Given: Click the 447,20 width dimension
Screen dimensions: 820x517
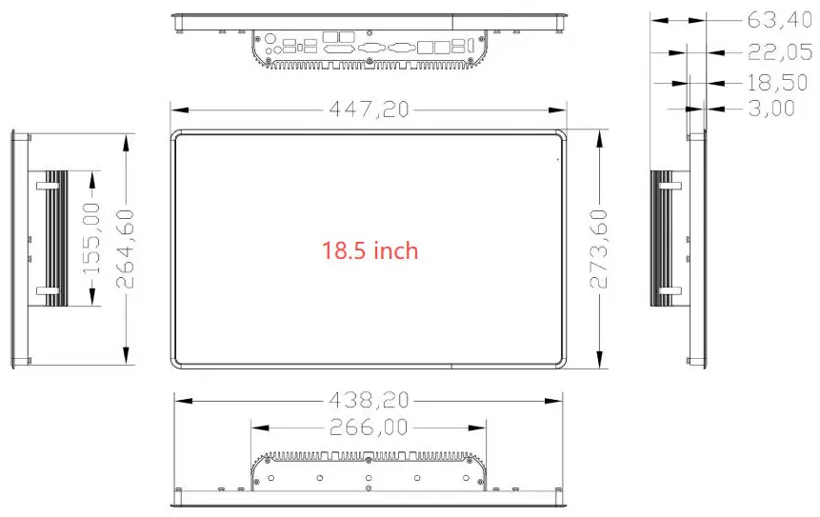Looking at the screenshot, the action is (369, 109).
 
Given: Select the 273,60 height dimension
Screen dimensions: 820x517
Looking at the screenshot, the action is (599, 249).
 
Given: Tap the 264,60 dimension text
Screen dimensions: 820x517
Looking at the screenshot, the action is (125, 249).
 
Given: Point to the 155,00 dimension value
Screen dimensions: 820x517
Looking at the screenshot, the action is (91, 239).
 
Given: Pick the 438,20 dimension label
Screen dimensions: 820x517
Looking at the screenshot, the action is (369, 401).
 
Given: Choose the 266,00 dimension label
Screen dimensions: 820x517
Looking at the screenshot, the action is (369, 428).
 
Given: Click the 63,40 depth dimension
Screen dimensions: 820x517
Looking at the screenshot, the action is (779, 20).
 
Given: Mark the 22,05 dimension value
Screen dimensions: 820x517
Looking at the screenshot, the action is (779, 51).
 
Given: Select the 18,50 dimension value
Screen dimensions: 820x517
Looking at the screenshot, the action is (777, 82).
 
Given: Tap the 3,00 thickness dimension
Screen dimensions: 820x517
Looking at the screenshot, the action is (771, 109).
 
